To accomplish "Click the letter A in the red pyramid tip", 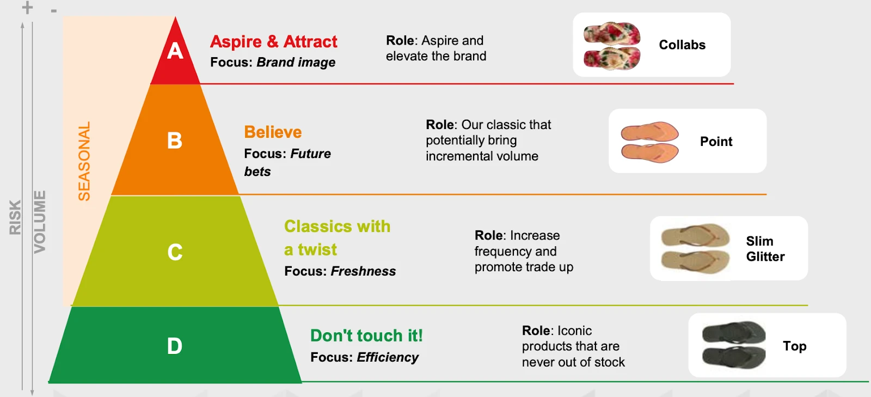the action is click(175, 51).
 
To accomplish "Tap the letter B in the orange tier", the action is click(175, 141).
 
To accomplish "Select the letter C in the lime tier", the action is click(175, 252).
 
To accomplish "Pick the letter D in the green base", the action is click(175, 346).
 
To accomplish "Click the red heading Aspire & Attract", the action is click(274, 41).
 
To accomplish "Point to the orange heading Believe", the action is click(273, 132).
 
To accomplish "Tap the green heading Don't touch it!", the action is click(366, 335).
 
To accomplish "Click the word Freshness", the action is click(363, 271).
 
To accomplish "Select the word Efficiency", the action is click(388, 357).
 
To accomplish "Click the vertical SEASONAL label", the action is click(84, 161).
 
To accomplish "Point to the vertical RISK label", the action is click(15, 217).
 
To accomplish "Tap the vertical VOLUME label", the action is click(40, 222).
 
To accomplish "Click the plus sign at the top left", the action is click(27, 8).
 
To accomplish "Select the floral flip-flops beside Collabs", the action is click(612, 46).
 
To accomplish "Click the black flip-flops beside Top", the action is click(734, 345).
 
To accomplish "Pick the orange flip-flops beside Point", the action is click(650, 142).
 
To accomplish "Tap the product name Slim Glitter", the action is click(765, 249).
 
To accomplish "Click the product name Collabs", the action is click(682, 45).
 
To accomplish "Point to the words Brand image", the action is click(296, 62).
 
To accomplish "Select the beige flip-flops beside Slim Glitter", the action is click(695, 248).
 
